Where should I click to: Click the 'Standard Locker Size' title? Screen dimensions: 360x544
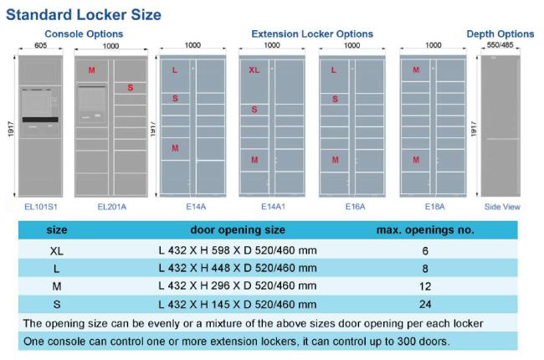pyautogui.click(x=84, y=15)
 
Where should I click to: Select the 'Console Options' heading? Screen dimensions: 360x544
pyautogui.click(x=84, y=33)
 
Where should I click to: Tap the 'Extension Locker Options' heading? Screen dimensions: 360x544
pyautogui.click(x=312, y=33)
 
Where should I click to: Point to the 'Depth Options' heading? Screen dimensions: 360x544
pyautogui.click(x=500, y=33)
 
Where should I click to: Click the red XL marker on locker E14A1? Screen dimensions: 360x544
pyautogui.click(x=254, y=70)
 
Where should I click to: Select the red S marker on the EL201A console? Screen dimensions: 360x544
pyautogui.click(x=130, y=87)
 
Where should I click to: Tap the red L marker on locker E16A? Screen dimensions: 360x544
pyautogui.click(x=334, y=70)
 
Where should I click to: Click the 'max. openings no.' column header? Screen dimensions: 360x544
pyautogui.click(x=425, y=229)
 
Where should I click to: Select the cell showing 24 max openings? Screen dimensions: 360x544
pyautogui.click(x=426, y=305)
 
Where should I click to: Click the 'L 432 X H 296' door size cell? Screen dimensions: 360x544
pyautogui.click(x=238, y=286)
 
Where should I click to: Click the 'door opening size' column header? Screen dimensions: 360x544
pyautogui.click(x=238, y=229)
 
